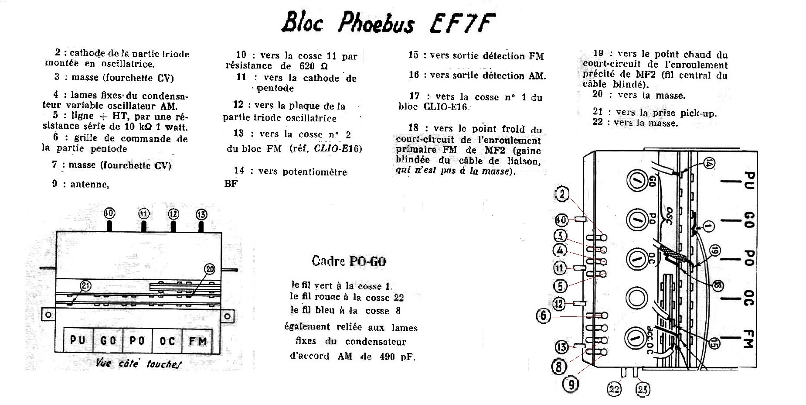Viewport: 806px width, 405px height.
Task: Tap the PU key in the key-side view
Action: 78,340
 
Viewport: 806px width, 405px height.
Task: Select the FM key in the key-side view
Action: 197,340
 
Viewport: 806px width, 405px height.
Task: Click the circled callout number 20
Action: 210,269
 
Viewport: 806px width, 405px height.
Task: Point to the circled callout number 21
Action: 86,286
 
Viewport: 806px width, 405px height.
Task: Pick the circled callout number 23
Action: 643,388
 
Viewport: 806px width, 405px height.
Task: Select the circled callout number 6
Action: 544,316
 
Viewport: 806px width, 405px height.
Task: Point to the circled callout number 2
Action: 562,195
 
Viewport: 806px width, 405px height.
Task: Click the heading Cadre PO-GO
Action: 349,261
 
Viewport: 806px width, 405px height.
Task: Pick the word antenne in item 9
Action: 89,184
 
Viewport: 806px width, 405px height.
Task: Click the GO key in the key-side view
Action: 108,340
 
